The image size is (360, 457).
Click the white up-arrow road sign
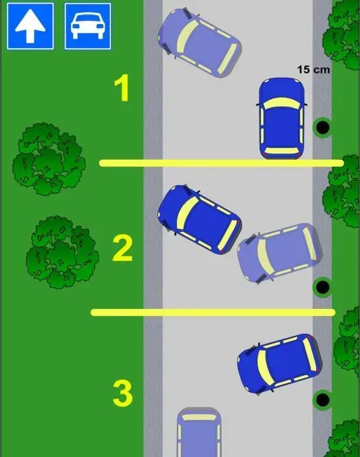[30, 26]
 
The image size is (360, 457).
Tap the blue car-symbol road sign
[87, 26]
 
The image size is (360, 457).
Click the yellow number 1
[122, 88]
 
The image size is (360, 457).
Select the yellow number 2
[123, 248]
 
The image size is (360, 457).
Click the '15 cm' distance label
[313, 70]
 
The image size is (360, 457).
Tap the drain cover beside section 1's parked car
[322, 127]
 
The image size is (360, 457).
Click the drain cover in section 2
[322, 287]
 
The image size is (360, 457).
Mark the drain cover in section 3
[322, 400]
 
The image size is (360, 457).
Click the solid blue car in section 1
[282, 118]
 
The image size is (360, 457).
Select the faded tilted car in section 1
[200, 43]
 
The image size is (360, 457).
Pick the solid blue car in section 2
[200, 220]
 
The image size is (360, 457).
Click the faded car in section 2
[280, 253]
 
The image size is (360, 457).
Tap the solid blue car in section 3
[280, 363]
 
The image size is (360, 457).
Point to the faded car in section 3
[199, 432]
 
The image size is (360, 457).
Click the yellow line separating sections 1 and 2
[222, 163]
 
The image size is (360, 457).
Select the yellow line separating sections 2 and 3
[213, 312]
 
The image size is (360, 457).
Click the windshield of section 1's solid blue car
[282, 103]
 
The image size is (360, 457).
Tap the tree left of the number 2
[62, 253]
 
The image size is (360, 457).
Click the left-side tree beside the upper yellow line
[49, 159]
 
